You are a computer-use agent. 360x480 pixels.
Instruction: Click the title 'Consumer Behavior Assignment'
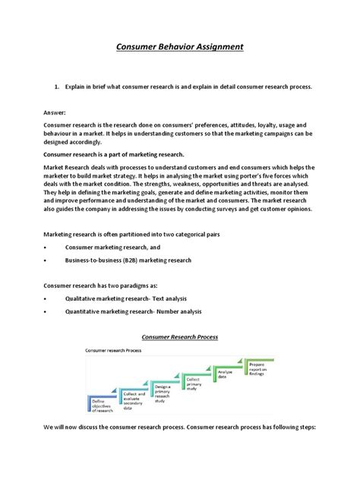click(179, 47)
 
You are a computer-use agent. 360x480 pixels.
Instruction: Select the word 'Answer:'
click(55, 111)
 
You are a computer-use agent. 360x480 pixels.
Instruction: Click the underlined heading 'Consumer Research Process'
click(179, 336)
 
